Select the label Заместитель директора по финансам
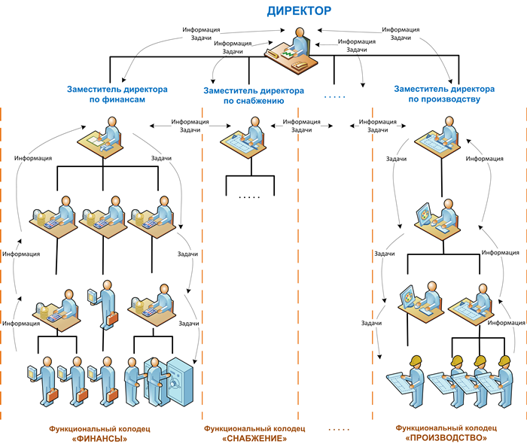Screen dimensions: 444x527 point(116,93)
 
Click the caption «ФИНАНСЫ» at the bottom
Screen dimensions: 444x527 point(95,438)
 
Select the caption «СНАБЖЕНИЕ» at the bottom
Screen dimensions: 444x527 point(255,438)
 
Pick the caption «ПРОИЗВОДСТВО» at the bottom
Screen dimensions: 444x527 point(446,438)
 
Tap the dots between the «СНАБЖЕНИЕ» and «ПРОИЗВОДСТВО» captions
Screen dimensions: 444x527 point(340,429)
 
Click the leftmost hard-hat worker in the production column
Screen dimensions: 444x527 point(411,371)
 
